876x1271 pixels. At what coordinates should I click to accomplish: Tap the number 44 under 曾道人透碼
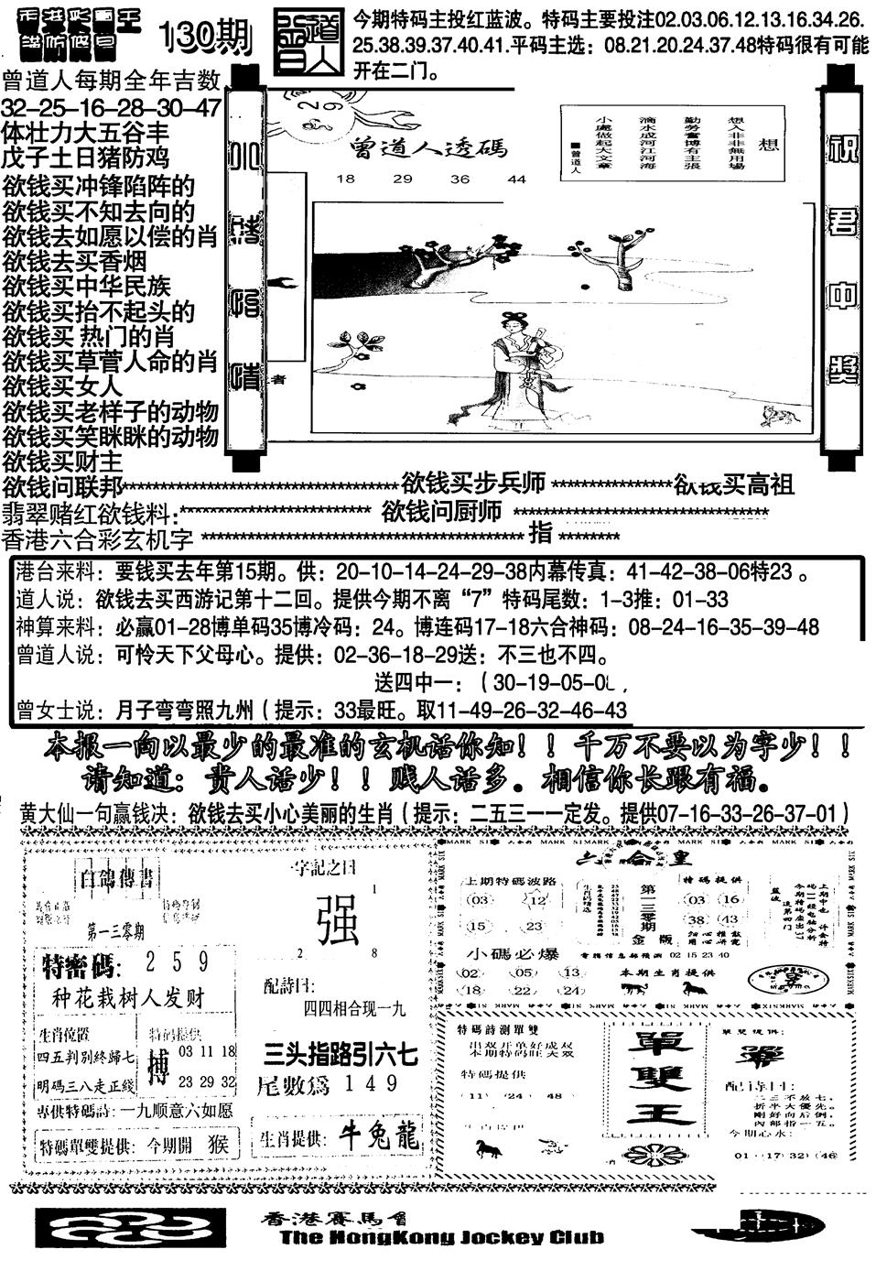pos(517,179)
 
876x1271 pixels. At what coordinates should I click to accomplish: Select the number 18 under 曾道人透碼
pos(345,179)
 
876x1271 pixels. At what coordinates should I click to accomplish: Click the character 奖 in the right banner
pos(842,368)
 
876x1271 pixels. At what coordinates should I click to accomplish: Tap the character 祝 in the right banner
pos(842,147)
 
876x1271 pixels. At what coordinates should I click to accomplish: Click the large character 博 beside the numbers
pos(159,1068)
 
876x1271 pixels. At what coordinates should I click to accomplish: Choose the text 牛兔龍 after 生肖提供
pos(380,1136)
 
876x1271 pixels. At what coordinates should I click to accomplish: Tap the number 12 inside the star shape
pos(537,902)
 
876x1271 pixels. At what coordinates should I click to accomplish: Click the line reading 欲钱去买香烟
pos(86,261)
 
